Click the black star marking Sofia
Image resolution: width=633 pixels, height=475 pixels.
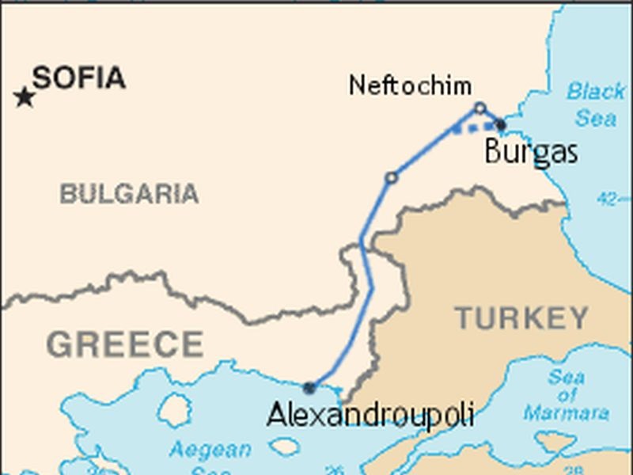25,97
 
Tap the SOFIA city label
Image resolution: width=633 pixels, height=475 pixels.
79,78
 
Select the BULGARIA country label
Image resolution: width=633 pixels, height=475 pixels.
129,193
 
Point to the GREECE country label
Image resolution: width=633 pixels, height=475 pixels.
125,344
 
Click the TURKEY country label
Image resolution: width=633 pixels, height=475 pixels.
521,318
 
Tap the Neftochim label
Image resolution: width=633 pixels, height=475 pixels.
410,85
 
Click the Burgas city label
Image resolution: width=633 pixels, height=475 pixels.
530,151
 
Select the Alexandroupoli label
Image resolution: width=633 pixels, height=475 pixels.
370,413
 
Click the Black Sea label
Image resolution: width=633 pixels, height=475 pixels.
596,104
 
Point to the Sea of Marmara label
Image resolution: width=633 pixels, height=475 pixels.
567,394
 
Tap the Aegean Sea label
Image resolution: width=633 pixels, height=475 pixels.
210,458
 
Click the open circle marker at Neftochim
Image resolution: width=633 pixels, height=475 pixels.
479,108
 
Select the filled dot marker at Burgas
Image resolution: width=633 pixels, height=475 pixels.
500,124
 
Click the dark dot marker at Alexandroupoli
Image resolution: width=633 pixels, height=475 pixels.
309,388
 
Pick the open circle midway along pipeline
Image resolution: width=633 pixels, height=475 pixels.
391,178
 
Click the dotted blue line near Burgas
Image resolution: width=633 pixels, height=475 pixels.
476,127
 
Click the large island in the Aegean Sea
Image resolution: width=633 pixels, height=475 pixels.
174,410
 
